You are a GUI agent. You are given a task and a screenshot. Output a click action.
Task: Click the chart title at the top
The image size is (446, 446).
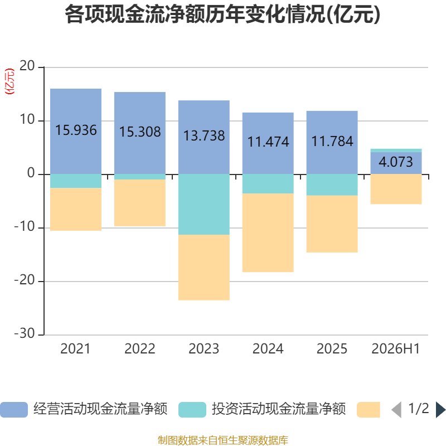(222, 14)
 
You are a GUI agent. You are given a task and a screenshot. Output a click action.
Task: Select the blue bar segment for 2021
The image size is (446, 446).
(76, 132)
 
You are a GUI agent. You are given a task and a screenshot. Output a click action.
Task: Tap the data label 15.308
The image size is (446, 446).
(140, 132)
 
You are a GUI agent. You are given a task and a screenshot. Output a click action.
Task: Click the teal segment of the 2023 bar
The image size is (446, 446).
(204, 204)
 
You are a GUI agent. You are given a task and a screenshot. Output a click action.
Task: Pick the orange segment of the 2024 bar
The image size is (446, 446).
(268, 232)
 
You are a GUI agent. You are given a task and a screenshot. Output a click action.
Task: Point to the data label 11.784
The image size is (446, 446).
(332, 142)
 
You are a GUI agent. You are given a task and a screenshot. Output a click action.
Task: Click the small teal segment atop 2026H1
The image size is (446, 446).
(396, 151)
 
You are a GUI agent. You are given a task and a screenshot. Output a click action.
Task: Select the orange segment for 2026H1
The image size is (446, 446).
(396, 189)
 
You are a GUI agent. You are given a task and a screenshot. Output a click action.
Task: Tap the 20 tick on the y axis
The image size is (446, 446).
(27, 66)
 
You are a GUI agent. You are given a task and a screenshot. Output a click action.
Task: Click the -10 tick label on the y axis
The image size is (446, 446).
(25, 227)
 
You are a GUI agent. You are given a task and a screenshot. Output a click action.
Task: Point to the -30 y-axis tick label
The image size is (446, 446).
(25, 333)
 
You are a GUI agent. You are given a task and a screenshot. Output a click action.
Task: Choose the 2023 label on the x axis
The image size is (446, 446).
(204, 349)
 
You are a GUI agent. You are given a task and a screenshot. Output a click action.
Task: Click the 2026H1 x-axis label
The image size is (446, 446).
(396, 349)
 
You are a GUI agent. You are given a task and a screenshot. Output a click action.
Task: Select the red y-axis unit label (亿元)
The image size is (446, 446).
(9, 81)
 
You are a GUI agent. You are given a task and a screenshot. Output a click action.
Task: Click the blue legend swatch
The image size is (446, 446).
(14, 410)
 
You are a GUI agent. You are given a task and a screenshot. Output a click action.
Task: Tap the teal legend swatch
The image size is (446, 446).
(192, 410)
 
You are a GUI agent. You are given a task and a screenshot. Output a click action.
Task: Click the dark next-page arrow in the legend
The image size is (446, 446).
(440, 410)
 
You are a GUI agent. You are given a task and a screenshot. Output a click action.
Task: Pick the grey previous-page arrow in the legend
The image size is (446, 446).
(396, 410)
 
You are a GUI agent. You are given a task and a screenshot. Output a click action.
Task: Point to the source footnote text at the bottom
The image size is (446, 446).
(223, 440)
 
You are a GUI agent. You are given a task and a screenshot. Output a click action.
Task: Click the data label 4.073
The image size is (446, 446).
(396, 162)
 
